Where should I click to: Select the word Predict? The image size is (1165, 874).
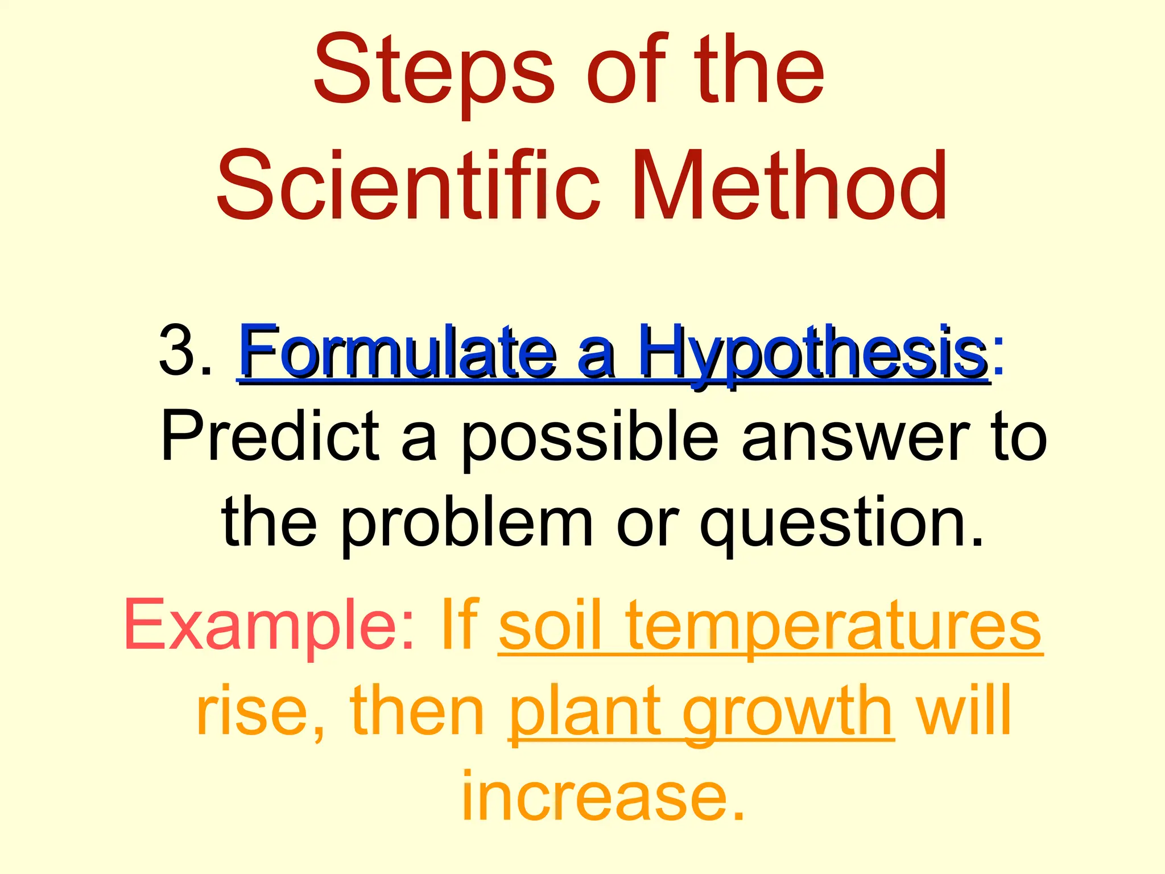click(270, 435)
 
